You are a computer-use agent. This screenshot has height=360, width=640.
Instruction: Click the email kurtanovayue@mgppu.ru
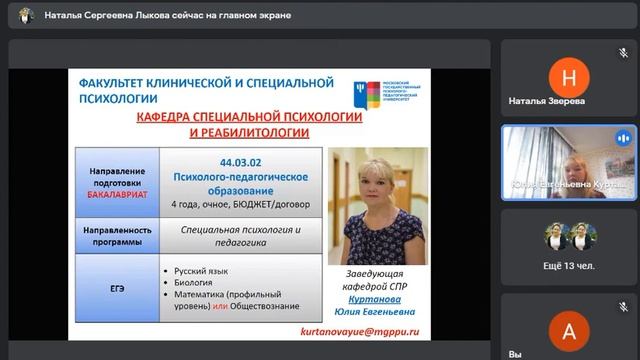point(359,330)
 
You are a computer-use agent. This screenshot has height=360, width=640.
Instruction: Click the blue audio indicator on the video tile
point(623,138)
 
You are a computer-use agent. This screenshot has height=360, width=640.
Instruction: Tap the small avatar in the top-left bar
point(25,15)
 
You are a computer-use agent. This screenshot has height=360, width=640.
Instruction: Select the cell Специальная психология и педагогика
point(240,235)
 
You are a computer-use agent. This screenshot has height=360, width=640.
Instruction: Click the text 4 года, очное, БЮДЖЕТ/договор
point(240,204)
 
